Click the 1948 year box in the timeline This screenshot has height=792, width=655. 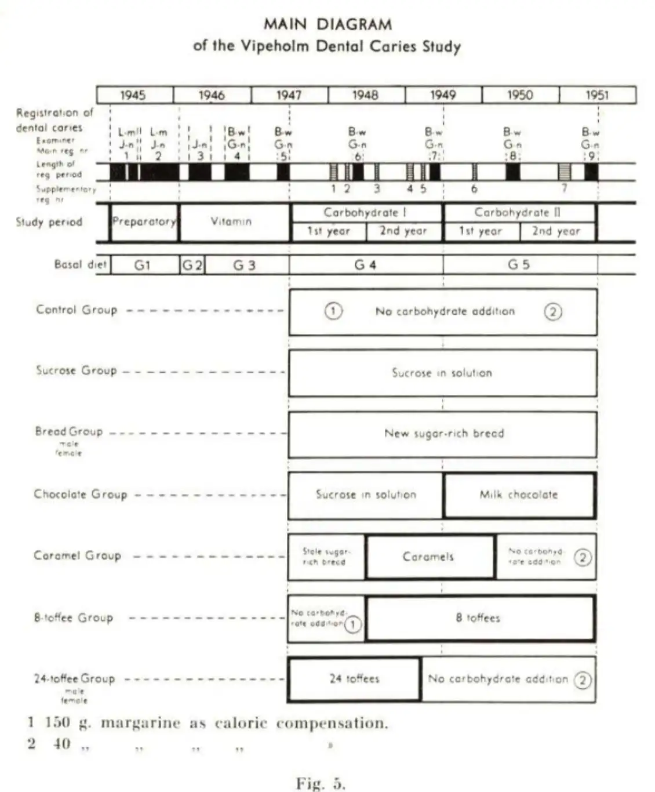click(366, 95)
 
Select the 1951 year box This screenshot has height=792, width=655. click(597, 95)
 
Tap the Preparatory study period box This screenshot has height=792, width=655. click(144, 221)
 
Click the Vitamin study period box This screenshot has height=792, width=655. click(231, 221)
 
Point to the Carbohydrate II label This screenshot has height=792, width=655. click(518, 212)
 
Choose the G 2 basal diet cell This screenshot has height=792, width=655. click(192, 265)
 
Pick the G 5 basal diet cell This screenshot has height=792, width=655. click(519, 265)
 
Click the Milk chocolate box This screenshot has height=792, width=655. click(519, 495)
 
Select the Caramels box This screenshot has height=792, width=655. click(428, 557)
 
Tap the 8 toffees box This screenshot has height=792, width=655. click(478, 618)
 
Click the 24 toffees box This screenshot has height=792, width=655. click(354, 678)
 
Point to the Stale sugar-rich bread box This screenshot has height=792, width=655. click(326, 557)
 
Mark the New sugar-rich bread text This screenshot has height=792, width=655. click(444, 433)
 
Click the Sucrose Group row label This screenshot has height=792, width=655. click(77, 370)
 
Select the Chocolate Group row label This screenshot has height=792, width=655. click(80, 494)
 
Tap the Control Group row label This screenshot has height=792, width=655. click(77, 310)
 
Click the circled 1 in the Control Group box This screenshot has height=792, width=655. click(333, 311)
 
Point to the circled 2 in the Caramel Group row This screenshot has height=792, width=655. click(583, 558)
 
